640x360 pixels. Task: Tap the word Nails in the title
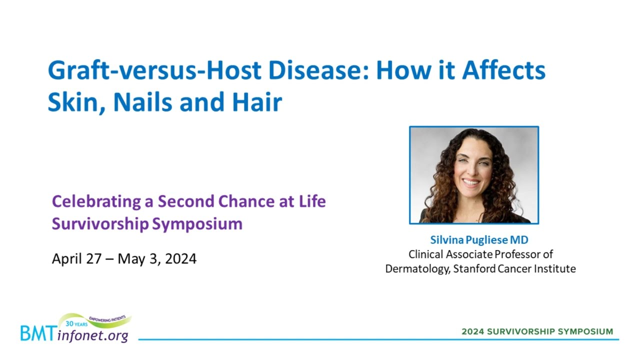point(143,102)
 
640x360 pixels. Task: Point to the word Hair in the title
point(257,102)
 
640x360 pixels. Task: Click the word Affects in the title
point(504,70)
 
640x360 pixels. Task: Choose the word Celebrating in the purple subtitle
point(96,202)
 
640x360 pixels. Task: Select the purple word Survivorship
point(100,223)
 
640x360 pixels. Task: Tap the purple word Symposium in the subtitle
point(197,224)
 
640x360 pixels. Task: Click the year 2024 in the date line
point(180,259)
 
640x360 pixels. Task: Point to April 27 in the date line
point(76,259)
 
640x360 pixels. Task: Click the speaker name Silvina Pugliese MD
point(479,240)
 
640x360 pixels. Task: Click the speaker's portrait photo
point(474,175)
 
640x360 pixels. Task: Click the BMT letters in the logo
point(37,333)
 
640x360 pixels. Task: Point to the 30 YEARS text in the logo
point(76,324)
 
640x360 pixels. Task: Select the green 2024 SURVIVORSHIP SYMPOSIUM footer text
point(537,331)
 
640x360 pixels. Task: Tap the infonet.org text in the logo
point(92,335)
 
